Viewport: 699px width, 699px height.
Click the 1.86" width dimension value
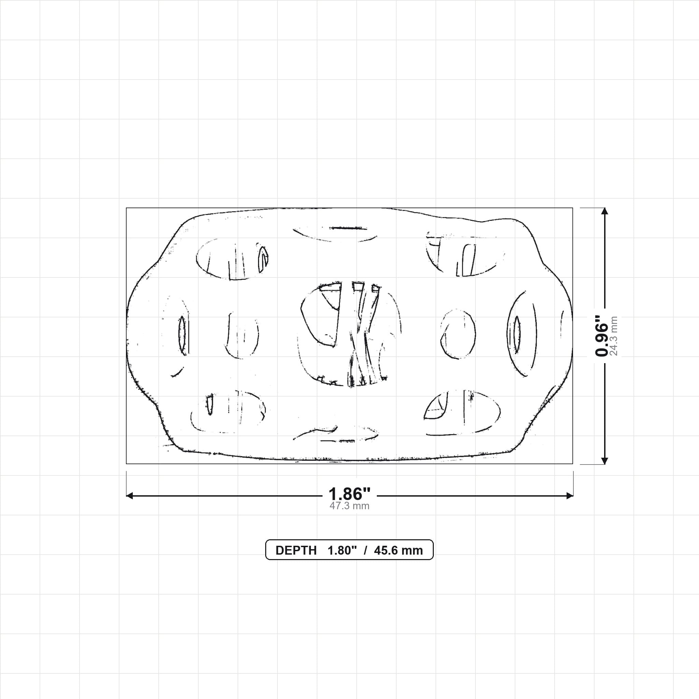click(349, 494)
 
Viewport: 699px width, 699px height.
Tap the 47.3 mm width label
click(349, 506)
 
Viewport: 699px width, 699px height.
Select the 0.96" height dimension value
click(602, 336)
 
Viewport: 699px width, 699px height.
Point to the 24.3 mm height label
click(614, 336)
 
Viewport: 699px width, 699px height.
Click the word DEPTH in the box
click(296, 550)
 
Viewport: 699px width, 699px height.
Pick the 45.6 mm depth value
click(398, 550)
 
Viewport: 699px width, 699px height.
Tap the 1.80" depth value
click(342, 550)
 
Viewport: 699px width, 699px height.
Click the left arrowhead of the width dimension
click(129, 496)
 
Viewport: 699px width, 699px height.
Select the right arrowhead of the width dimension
click(570, 496)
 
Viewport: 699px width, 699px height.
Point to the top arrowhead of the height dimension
click(604, 211)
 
